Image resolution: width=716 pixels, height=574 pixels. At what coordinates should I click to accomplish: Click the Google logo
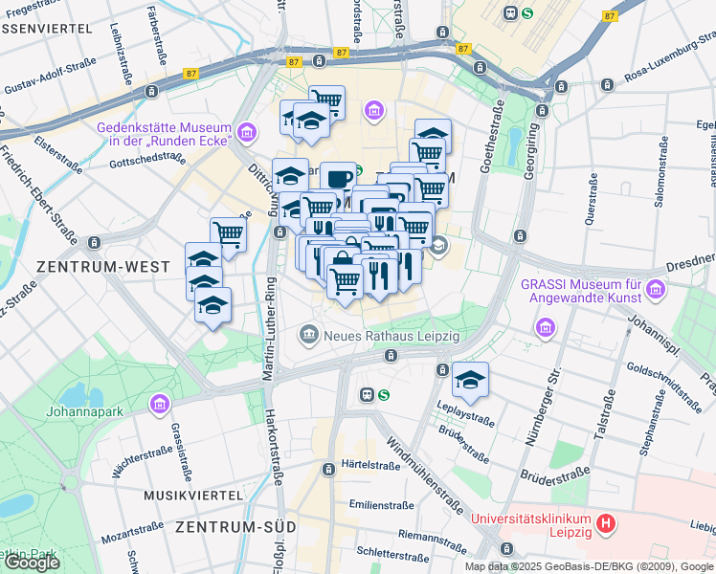click(31, 563)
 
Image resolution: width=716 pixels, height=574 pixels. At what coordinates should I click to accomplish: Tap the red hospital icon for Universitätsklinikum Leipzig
click(605, 524)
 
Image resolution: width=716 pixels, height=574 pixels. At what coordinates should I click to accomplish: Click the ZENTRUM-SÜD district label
click(234, 526)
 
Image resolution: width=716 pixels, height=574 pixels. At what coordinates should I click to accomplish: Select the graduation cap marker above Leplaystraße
click(470, 380)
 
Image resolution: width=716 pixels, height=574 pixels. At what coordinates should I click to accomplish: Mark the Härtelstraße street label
click(370, 466)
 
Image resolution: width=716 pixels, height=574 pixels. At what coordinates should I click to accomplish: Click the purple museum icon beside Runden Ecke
click(247, 131)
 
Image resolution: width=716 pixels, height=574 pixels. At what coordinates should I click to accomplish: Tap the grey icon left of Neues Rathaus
click(308, 335)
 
